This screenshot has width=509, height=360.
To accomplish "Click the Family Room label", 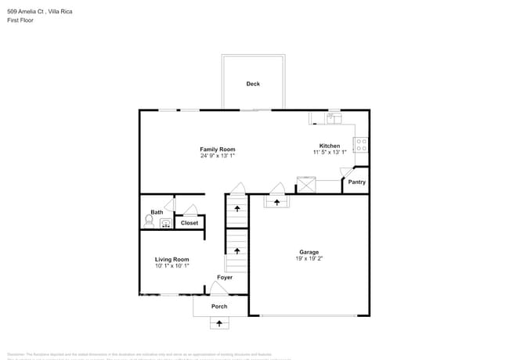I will coord(217,149).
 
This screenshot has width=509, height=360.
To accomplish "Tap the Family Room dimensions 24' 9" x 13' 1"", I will coord(217,156).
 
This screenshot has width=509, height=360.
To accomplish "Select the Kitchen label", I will coord(330,146).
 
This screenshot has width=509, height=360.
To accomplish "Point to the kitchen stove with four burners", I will coord(363,145).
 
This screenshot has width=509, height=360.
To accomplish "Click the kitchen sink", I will coord(331,118).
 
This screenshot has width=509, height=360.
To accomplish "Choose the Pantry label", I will coord(357,182).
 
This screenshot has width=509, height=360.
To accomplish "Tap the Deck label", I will coord(253,84).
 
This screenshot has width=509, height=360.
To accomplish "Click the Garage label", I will coord(308,252).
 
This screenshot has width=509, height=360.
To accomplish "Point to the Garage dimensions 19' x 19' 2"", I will coord(308,258).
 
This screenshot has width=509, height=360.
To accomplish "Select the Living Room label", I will coord(171,259).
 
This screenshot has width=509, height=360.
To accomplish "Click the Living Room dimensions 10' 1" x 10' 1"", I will coord(171,265).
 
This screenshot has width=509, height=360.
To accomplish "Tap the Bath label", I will coord(157,212).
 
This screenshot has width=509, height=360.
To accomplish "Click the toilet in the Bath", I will coord(150,221).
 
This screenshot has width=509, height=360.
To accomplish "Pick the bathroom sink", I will coord(166,223).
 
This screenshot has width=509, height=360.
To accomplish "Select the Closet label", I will coord(190,223).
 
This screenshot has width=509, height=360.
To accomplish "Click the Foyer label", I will coord(225,277).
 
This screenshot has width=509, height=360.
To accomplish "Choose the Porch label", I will coord(219,306).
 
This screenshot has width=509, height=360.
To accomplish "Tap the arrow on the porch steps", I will coord(219,322).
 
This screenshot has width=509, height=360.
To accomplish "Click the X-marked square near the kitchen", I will coord(305,185).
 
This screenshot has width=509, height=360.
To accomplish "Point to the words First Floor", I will coord(20,20).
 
